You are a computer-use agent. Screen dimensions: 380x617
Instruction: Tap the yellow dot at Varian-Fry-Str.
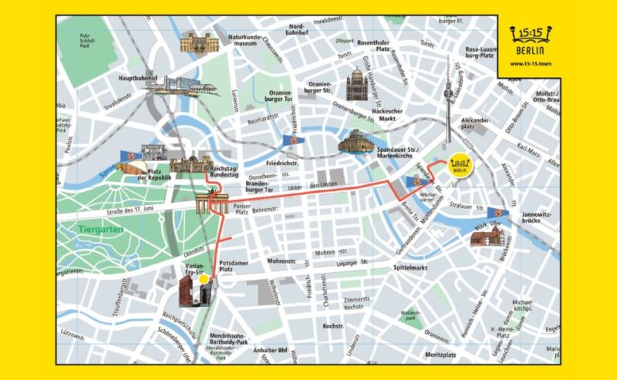click(x=204, y=281)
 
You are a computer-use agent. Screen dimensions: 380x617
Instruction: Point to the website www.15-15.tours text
click(x=533, y=63)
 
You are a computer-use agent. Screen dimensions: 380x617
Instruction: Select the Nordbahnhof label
click(x=298, y=29)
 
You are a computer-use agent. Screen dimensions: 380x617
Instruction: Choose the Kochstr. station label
click(x=332, y=326)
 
